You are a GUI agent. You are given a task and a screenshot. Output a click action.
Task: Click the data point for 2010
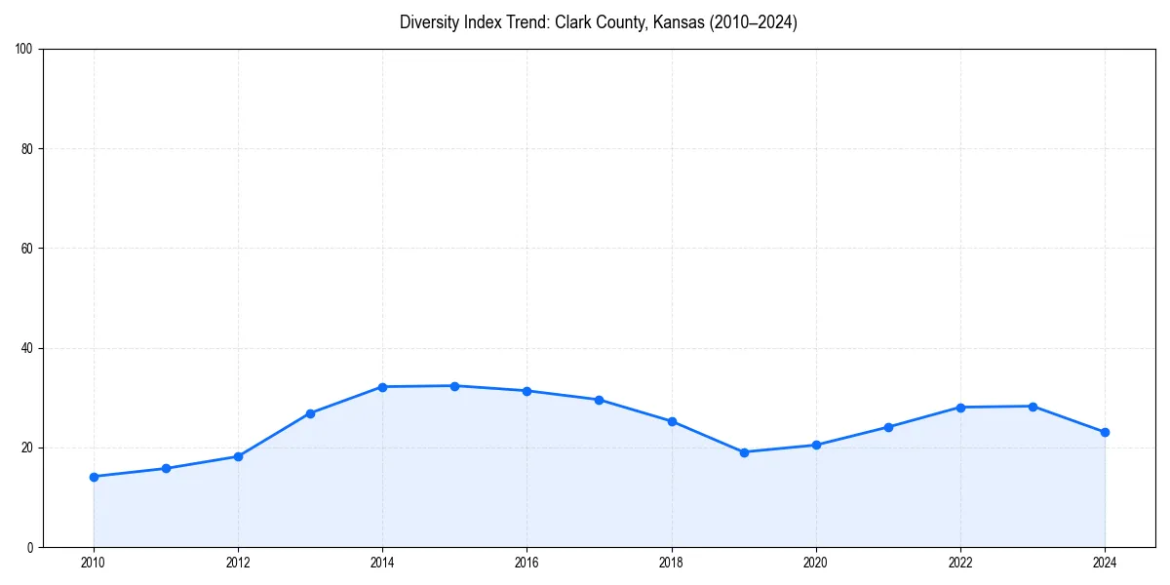(x=94, y=477)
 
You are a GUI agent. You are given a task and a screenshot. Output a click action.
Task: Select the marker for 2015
(x=454, y=386)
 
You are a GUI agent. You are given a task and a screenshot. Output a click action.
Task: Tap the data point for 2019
(x=744, y=452)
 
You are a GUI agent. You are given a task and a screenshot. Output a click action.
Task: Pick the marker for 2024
(x=1105, y=432)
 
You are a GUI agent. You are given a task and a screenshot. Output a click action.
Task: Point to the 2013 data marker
(x=310, y=413)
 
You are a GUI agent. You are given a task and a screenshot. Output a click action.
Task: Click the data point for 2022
(x=960, y=408)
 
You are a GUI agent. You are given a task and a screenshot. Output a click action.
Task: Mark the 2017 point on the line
(x=599, y=400)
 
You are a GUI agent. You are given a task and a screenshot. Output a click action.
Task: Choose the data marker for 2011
(x=166, y=469)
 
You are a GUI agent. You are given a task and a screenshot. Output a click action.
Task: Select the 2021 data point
(x=888, y=427)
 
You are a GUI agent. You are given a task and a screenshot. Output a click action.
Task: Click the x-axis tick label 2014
(x=382, y=562)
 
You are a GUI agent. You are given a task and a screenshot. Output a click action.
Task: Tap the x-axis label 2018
(x=671, y=562)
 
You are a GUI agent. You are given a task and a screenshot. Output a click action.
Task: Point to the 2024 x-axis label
(x=1105, y=562)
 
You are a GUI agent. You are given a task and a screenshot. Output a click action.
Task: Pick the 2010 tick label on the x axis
(x=94, y=562)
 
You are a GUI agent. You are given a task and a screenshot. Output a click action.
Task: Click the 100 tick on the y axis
(x=24, y=50)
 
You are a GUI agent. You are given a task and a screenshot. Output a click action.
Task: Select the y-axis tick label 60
(x=27, y=249)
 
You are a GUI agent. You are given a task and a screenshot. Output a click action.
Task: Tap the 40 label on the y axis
(x=27, y=348)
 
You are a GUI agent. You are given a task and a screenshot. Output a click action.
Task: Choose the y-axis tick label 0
(x=31, y=547)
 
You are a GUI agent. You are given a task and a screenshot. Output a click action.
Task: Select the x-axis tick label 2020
(x=816, y=562)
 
